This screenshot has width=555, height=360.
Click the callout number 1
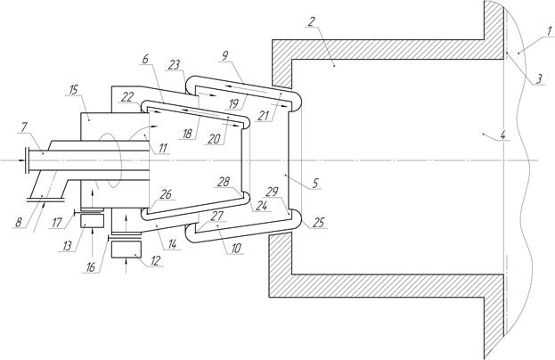click(x=549, y=31)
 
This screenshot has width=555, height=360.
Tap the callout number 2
click(x=311, y=21)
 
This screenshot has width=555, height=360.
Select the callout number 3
click(x=539, y=79)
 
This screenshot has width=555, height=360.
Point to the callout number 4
click(x=503, y=135)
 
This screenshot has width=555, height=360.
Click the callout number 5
click(x=315, y=183)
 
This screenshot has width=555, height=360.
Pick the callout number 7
click(x=25, y=127)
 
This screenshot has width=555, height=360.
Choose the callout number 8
click(x=19, y=222)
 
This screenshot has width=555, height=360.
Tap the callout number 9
click(x=225, y=55)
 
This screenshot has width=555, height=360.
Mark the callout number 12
click(x=155, y=261)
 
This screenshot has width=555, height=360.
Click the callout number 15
click(x=73, y=90)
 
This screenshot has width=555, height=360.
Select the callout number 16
click(x=91, y=267)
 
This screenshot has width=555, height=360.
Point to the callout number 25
click(x=318, y=223)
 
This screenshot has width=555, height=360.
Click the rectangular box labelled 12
click(x=126, y=250)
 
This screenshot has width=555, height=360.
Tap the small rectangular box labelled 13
click(x=92, y=221)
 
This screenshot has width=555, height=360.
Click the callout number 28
click(x=224, y=182)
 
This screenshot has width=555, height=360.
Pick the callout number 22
click(x=127, y=97)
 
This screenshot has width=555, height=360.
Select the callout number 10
click(x=236, y=248)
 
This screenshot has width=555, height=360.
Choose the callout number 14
click(x=173, y=244)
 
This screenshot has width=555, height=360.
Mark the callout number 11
click(x=163, y=148)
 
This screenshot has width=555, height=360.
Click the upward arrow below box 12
click(x=127, y=266)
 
